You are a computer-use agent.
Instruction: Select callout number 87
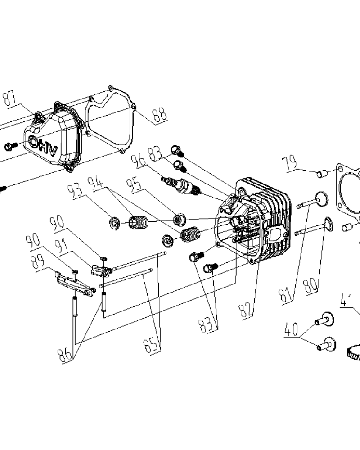coord(9,98)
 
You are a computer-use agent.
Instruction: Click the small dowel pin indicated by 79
coord(322,174)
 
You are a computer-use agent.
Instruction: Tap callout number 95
coord(135,185)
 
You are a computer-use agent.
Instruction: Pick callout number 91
coord(62,246)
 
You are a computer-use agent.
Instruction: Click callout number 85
coord(151,344)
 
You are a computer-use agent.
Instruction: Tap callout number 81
coord(286,295)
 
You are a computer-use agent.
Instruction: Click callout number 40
coord(291,329)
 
